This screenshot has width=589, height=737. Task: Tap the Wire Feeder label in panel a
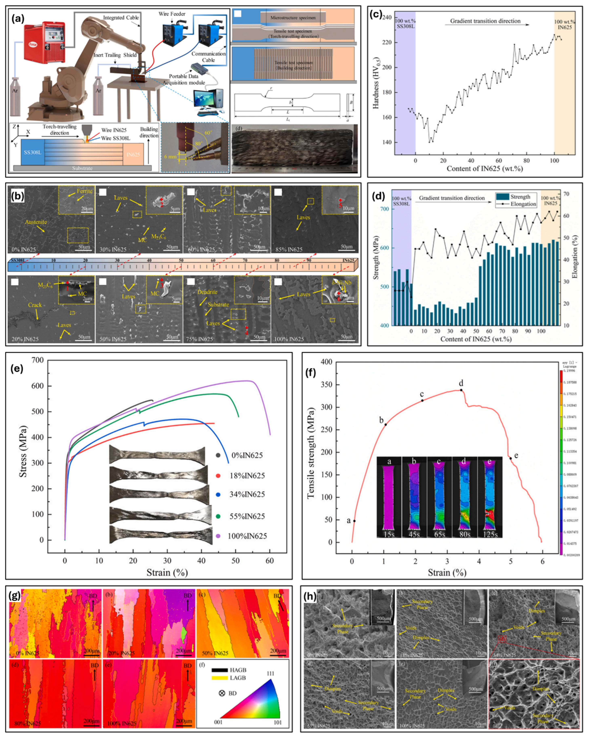coord(172,14)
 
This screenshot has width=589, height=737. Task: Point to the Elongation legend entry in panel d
coord(523,204)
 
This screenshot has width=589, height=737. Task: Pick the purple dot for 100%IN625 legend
coord(218,536)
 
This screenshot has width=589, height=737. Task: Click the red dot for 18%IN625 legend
coord(218,476)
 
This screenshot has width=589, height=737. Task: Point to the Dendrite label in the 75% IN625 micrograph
coord(207,292)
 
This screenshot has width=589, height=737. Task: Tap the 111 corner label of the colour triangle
coord(270,674)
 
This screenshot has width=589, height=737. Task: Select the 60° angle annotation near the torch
coord(207,132)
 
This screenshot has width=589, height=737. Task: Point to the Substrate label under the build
coord(82,168)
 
